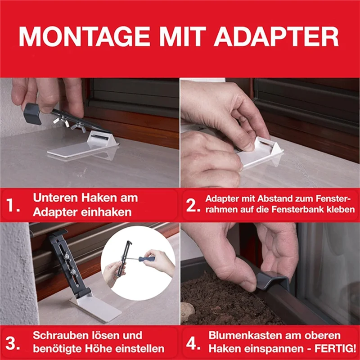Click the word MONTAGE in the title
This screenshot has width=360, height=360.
point(84,37)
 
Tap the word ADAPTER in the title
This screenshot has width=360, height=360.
point(276,37)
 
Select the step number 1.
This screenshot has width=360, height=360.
point(13,205)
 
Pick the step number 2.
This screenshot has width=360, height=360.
point(193,205)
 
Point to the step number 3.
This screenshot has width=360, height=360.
point(13,344)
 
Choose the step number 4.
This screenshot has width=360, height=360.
point(193,344)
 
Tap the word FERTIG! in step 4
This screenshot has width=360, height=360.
point(335,349)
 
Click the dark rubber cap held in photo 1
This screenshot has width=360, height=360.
point(32,114)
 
